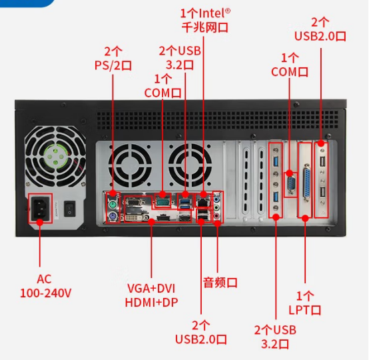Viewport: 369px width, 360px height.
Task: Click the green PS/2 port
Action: [x=113, y=205]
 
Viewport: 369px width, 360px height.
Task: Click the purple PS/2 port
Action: [x=113, y=216]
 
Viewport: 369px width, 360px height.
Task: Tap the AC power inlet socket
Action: [x=40, y=208]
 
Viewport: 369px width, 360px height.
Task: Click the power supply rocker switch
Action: [x=69, y=209]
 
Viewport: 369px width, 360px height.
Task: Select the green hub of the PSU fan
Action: [x=55, y=156]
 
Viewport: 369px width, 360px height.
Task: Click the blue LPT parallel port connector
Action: [x=306, y=182]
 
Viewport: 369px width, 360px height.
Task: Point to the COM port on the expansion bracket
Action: [x=290, y=184]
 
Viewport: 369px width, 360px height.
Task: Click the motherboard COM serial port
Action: [x=163, y=202]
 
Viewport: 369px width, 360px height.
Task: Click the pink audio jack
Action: [x=216, y=215]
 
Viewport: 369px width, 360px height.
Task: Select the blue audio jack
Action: [x=216, y=200]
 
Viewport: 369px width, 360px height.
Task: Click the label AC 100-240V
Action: [x=45, y=286]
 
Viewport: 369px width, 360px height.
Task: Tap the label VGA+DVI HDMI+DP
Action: [x=151, y=295]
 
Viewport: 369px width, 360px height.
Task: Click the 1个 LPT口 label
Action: [x=305, y=303]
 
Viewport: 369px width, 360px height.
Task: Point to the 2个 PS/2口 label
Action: [x=113, y=58]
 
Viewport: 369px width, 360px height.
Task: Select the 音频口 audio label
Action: [x=220, y=283]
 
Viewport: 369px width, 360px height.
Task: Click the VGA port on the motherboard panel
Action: [x=135, y=203]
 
